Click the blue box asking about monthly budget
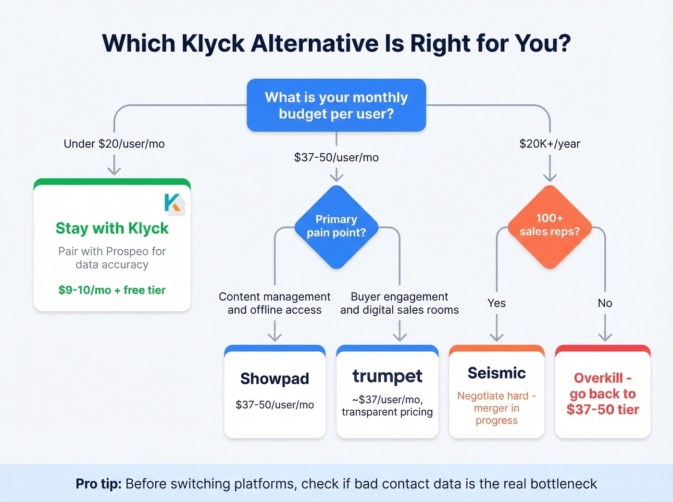tap(336, 105)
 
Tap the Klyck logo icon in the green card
tap(173, 203)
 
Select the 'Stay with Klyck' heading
tap(112, 228)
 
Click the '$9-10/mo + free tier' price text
tap(112, 290)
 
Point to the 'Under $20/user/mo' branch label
tap(114, 144)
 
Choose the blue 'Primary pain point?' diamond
tap(336, 226)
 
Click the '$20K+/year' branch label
tap(549, 144)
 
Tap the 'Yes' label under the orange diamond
tap(497, 303)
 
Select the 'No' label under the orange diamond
tap(605, 303)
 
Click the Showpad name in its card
tap(274, 379)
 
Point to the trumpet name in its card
tap(387, 376)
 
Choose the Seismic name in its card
tap(497, 373)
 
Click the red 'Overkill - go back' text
tap(603, 393)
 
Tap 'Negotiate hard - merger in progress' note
tap(497, 408)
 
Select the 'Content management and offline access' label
tap(274, 303)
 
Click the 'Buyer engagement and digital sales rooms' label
tap(399, 303)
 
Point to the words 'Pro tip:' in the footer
tap(99, 484)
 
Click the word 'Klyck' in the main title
tap(213, 43)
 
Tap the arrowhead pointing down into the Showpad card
tap(274, 337)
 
